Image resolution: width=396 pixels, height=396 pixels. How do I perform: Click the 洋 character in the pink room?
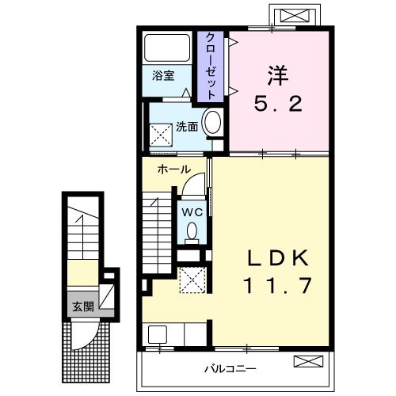277,77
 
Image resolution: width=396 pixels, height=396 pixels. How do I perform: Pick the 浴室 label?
163,78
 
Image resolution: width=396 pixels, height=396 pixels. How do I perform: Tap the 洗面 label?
187,126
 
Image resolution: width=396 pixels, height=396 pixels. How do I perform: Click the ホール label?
173,169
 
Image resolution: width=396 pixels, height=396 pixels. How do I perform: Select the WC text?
192,211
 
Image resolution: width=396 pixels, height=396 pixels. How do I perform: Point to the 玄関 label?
82,307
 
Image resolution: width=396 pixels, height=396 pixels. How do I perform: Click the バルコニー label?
228,367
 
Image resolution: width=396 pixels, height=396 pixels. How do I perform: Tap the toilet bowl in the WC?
192,231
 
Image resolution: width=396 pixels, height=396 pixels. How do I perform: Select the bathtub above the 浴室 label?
169,49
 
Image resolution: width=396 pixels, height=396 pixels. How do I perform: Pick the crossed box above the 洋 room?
287,15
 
